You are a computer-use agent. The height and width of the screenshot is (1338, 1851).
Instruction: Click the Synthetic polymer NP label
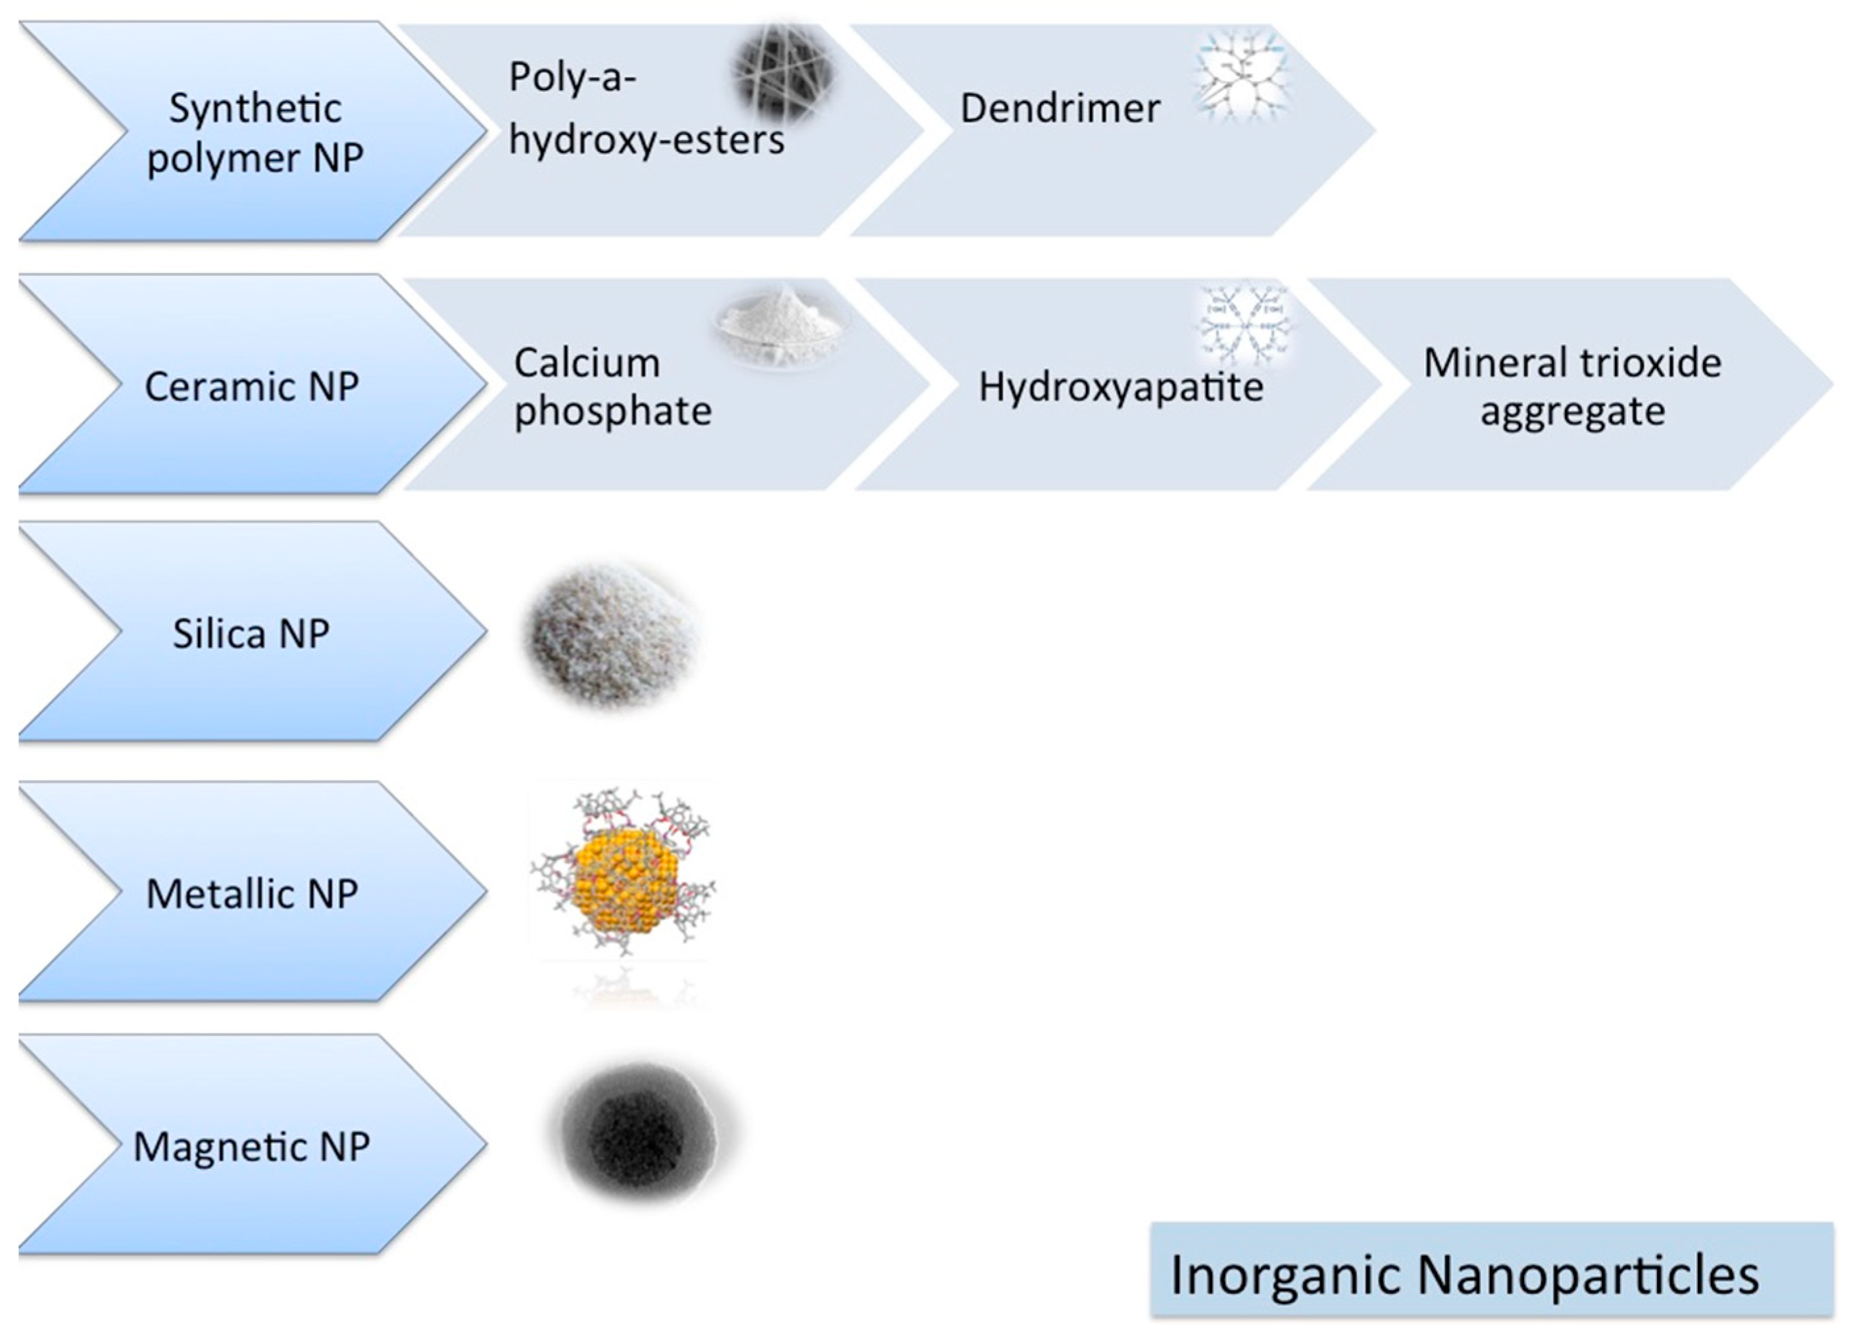tap(255, 132)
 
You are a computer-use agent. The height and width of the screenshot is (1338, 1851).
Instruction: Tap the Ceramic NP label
tap(251, 386)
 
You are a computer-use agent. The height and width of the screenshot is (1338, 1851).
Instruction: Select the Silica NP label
tap(251, 634)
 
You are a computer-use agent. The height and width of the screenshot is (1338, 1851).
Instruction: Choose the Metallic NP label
tap(251, 893)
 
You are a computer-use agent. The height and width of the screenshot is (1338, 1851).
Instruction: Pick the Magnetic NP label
tap(251, 1146)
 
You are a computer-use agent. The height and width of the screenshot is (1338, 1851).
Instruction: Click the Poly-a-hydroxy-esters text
tap(645, 109)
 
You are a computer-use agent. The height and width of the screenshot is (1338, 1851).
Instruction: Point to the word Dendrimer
tap(1059, 109)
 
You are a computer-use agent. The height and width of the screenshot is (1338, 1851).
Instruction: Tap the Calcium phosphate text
tap(612, 386)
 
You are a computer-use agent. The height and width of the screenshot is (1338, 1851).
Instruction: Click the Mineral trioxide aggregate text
tap(1572, 386)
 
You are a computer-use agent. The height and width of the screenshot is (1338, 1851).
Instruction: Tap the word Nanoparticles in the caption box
tap(1587, 1274)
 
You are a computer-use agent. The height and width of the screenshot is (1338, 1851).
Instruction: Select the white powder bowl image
tap(782, 326)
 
